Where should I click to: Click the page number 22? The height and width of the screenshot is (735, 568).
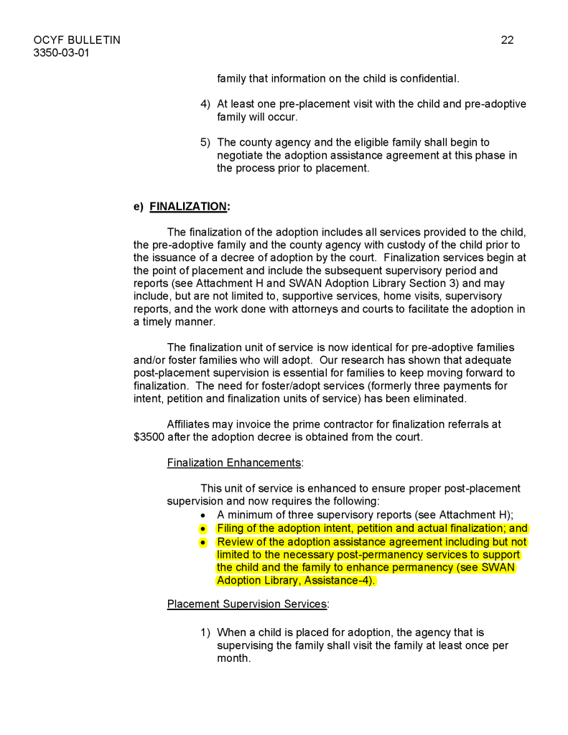click(507, 40)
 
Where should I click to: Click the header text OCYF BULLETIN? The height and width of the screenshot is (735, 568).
click(77, 40)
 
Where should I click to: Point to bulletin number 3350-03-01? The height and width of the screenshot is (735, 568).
click(61, 53)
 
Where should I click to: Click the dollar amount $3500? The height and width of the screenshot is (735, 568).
click(149, 437)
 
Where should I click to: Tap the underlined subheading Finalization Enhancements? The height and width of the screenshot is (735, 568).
click(234, 463)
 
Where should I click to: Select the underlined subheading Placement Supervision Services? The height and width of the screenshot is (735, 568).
click(247, 604)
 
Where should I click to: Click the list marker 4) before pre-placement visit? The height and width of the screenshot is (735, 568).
click(205, 104)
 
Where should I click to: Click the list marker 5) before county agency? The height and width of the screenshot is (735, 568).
click(205, 143)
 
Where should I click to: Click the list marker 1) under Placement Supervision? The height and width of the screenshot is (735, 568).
click(205, 632)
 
